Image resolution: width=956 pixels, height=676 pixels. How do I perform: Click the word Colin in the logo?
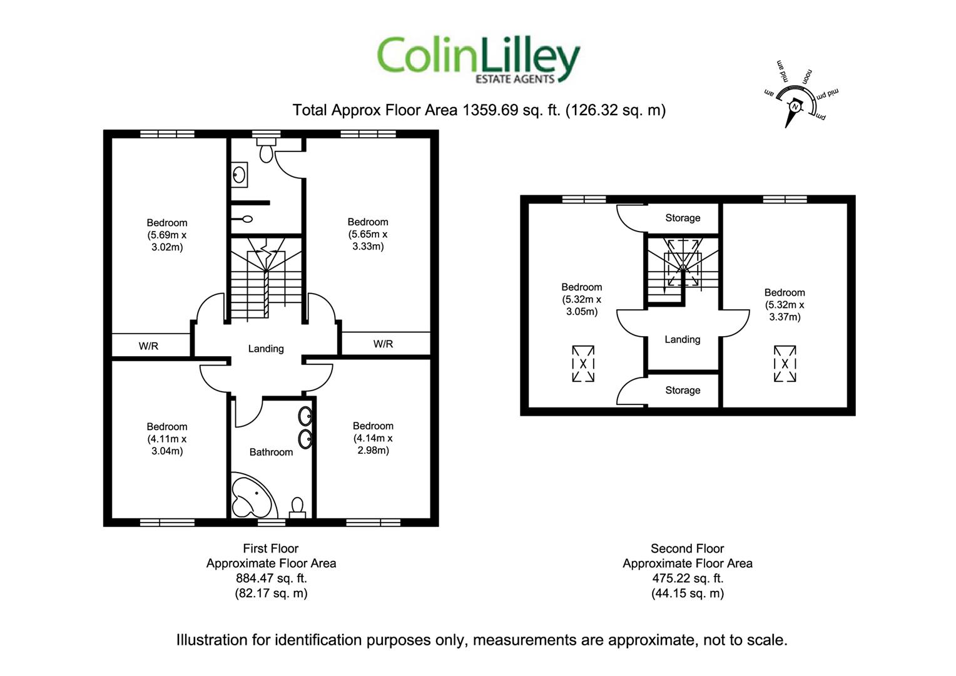(426, 56)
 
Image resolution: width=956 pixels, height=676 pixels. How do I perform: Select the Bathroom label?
(271, 452)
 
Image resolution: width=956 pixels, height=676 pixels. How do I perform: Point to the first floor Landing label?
(266, 349)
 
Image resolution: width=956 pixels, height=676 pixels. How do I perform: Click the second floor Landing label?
(683, 339)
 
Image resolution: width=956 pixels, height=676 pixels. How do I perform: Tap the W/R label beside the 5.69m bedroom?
(148, 346)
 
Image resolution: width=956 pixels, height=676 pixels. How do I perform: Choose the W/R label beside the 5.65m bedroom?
(384, 344)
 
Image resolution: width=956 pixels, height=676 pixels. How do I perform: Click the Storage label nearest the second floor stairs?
(683, 218)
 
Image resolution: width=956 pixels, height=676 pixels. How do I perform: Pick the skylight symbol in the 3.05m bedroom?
(583, 364)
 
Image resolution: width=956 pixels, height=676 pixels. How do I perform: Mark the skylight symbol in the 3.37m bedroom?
(785, 364)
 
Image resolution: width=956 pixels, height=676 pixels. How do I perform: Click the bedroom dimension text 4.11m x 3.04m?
(167, 445)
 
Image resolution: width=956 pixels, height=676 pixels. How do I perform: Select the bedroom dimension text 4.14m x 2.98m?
(373, 444)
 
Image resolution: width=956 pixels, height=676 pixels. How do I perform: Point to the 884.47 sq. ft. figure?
(272, 578)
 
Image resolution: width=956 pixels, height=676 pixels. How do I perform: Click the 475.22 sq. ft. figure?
(688, 578)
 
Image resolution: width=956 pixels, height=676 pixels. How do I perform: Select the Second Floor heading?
(688, 548)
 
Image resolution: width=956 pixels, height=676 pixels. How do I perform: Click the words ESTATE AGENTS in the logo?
(515, 79)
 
